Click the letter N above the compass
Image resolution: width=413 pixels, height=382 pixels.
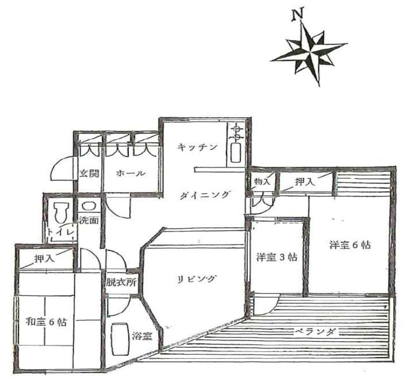click(x=298, y=15)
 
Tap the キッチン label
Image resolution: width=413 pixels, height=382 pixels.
click(x=198, y=147)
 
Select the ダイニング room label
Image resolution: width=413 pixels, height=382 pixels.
click(x=204, y=195)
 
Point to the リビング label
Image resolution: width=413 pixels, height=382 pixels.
click(x=197, y=279)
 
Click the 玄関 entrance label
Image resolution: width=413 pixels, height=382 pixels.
click(x=90, y=173)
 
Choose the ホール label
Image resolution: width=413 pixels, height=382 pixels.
click(x=131, y=173)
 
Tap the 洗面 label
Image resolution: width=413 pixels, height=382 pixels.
click(x=89, y=220)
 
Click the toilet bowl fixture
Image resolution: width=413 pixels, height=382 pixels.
click(x=61, y=213)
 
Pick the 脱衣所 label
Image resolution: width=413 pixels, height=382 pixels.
click(x=121, y=282)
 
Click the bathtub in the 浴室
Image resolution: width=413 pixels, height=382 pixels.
click(x=120, y=339)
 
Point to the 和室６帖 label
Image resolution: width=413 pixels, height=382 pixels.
click(x=46, y=322)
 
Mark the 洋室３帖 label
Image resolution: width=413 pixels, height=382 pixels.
click(x=277, y=257)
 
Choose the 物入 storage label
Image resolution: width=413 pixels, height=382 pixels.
click(x=262, y=181)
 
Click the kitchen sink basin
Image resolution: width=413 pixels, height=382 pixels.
click(x=236, y=153)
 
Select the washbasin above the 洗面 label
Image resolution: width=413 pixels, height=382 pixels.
click(x=88, y=206)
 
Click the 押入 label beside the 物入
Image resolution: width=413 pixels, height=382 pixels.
click(x=305, y=182)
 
